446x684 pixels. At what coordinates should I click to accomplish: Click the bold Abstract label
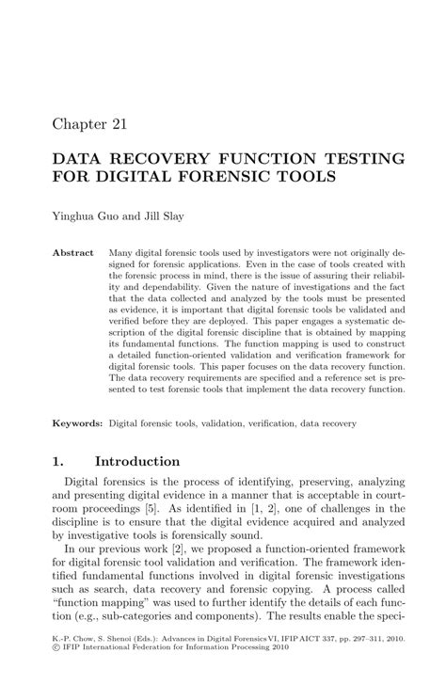(x=73, y=253)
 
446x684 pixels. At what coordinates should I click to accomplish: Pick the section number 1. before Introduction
(x=58, y=462)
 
